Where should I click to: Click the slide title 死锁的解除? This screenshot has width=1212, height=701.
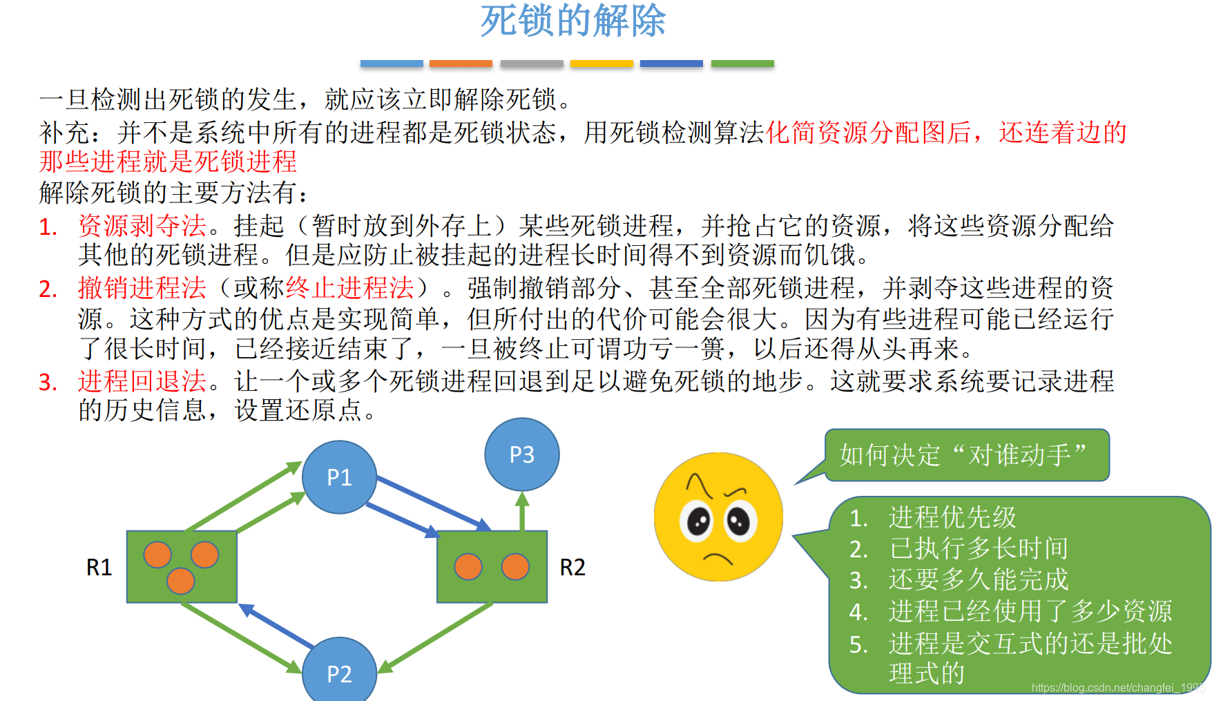pos(573,21)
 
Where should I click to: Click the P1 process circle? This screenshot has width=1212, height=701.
pos(339,477)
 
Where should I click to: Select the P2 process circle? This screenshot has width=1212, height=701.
pos(339,671)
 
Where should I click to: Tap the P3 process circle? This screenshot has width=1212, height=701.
pos(521,454)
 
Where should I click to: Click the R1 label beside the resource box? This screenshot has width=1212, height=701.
pos(99,567)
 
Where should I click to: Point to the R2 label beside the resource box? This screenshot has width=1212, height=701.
pos(572,567)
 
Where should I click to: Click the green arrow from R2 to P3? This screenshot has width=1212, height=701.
pos(522,511)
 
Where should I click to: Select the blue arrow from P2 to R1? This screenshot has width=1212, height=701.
pos(276,625)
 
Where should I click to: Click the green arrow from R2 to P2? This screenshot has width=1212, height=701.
pos(435,637)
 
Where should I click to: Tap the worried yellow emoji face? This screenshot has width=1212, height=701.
pos(718,517)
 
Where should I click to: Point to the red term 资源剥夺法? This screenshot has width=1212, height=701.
pos(142,226)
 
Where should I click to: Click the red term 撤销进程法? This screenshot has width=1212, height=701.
pos(142,288)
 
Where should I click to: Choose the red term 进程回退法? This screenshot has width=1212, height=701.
pos(142,381)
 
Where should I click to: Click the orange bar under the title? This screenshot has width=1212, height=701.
pos(461,64)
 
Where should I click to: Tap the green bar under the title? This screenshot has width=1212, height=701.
pos(742,64)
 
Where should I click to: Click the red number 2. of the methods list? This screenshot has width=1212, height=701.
pos(48,289)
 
